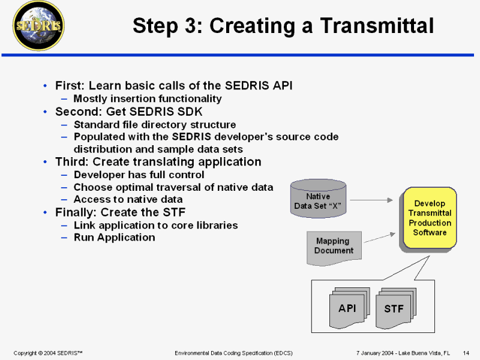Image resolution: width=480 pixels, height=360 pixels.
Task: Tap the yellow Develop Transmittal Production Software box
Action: (430, 218)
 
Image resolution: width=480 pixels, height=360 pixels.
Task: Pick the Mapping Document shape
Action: (334, 246)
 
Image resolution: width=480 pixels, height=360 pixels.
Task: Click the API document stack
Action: (347, 308)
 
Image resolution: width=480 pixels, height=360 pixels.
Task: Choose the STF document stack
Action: (394, 308)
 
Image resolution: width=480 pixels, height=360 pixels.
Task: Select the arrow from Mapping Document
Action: (379, 238)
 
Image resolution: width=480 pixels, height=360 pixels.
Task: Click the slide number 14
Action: (466, 352)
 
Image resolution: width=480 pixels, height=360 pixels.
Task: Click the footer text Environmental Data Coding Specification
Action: (233, 352)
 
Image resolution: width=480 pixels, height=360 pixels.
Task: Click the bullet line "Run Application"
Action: (114, 237)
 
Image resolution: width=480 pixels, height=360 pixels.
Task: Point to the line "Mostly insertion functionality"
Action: (148, 98)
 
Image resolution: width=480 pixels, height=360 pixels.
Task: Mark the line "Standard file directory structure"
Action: (155, 125)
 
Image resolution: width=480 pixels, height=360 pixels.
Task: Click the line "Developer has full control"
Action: (139, 175)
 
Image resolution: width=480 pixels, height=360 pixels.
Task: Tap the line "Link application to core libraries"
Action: (156, 225)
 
